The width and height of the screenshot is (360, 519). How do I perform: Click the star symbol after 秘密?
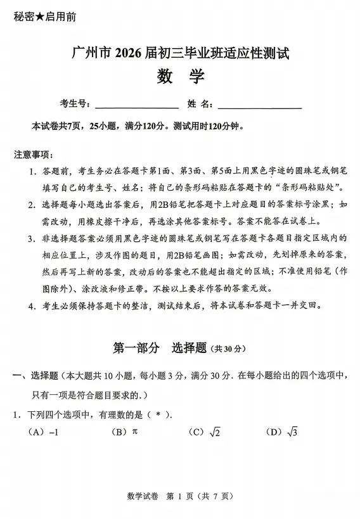pyautogui.click(x=40, y=16)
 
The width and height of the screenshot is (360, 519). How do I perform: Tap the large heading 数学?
pyautogui.click(x=180, y=77)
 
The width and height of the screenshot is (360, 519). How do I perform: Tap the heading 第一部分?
pyautogui.click(x=136, y=347)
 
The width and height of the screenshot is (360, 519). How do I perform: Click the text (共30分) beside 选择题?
pyautogui.click(x=229, y=348)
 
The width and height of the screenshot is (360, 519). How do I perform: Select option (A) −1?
pyautogui.click(x=44, y=432)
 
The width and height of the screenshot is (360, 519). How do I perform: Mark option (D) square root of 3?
pyautogui.click(x=283, y=432)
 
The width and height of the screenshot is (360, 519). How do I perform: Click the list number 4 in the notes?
pyautogui.click(x=31, y=305)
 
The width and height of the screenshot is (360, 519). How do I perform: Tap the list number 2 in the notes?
pyautogui.click(x=31, y=205)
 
